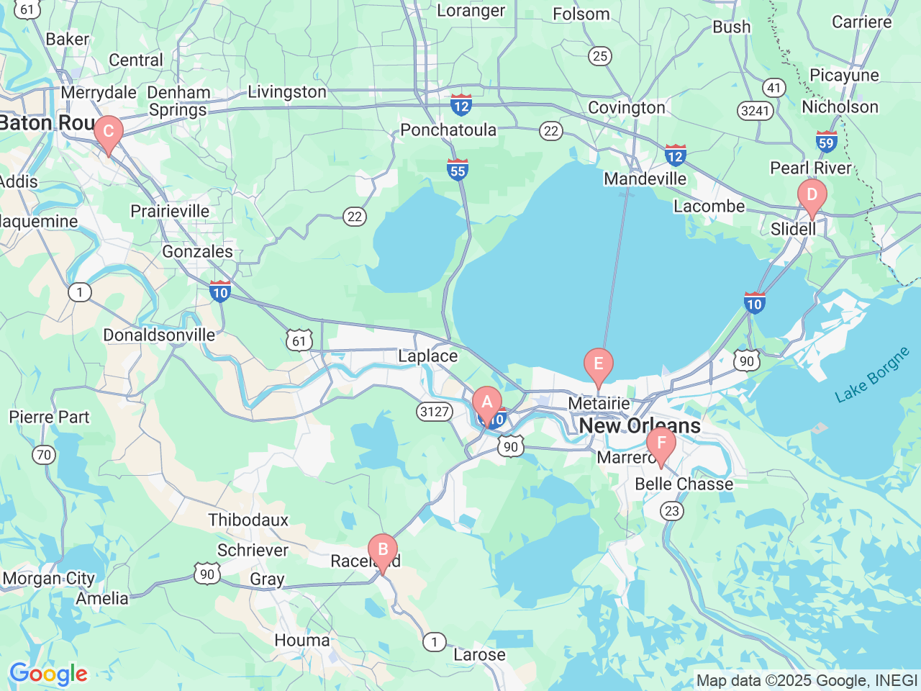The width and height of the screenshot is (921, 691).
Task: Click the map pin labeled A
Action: [x=486, y=404]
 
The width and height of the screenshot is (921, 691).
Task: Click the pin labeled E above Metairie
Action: [x=598, y=365]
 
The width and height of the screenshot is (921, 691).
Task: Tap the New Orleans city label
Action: [x=640, y=425]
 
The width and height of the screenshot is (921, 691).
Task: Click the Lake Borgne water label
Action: [x=872, y=375]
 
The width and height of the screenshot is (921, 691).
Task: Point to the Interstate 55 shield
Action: [x=458, y=169]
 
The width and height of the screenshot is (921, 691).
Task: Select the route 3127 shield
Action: [x=435, y=412]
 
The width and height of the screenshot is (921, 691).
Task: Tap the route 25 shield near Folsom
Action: [x=600, y=55]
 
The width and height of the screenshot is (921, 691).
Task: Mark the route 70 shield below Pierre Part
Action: [x=44, y=454]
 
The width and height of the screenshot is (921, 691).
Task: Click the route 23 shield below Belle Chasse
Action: [x=671, y=511]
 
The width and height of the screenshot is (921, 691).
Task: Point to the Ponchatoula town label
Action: [x=448, y=130]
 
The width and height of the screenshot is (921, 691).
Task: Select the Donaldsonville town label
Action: [x=159, y=335]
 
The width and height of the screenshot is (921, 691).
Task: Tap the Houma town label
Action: [x=302, y=640]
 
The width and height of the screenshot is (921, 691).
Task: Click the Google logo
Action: [x=48, y=674]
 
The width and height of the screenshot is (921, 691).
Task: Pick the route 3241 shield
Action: [x=755, y=111]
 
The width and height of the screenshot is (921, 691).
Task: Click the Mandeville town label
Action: [x=645, y=179]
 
